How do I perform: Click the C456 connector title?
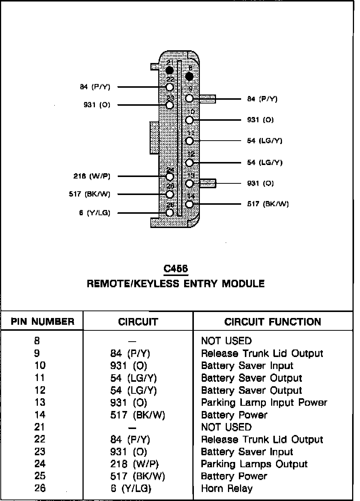(x=176, y=268)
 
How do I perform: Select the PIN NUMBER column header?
(x=42, y=322)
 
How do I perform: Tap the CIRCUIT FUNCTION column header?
(x=273, y=322)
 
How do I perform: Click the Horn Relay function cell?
(x=227, y=488)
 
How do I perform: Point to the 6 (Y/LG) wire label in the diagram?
(x=95, y=213)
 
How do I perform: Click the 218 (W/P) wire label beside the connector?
(x=92, y=176)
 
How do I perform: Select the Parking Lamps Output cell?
(x=254, y=464)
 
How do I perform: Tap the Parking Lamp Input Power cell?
(x=264, y=402)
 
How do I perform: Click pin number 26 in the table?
(x=40, y=488)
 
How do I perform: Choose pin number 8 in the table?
(x=37, y=340)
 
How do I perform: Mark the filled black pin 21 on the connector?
(x=170, y=70)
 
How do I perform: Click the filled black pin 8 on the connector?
(x=189, y=77)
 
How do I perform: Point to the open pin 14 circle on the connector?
(x=189, y=204)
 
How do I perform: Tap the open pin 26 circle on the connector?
(x=170, y=213)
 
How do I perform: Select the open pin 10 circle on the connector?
(x=189, y=120)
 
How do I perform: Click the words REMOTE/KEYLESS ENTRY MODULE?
(x=176, y=283)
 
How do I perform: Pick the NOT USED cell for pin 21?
(x=226, y=427)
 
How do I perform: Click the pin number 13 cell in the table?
(x=40, y=402)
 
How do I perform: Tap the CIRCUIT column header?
(x=138, y=322)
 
